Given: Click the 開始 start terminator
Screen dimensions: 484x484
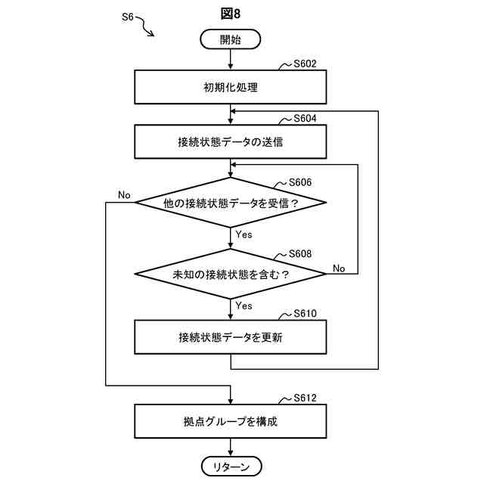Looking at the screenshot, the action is [230, 39].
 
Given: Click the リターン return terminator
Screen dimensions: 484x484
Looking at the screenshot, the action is [231, 467].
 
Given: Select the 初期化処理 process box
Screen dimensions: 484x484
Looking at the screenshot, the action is [230, 87].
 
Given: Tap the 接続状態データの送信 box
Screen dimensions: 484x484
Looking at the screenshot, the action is [230, 141].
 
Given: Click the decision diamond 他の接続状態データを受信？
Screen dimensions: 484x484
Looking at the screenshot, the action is [230, 203].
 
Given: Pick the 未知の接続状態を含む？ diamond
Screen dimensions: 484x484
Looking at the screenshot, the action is [230, 274].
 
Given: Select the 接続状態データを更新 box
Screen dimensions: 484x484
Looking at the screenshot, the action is [230, 337].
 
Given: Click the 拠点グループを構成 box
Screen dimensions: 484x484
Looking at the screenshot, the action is [230, 421].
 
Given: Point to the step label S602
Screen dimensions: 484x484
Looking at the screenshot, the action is [305, 64].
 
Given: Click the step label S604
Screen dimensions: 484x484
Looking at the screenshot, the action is [305, 118].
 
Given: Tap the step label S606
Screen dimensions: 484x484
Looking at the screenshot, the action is [300, 182].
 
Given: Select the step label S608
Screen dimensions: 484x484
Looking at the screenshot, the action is [300, 253].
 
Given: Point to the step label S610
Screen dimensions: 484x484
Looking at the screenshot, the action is [305, 313].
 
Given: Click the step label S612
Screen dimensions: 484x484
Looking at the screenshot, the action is [305, 398].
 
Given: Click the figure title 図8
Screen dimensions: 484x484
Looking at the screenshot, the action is [230, 14].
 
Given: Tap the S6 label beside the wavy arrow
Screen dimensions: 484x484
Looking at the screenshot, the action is [128, 17].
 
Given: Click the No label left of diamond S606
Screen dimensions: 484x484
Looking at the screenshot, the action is [124, 195].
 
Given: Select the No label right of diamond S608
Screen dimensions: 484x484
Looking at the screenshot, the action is [339, 268].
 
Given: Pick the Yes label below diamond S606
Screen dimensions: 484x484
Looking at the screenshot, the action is [244, 234].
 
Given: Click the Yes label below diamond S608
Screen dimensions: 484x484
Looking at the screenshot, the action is [244, 306].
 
